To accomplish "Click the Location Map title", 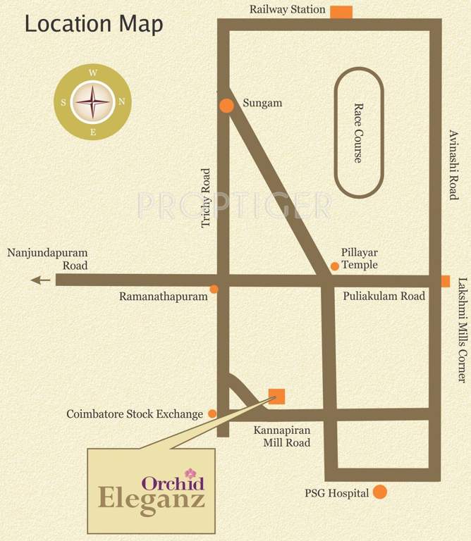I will tap(94, 24).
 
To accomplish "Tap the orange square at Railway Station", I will tap(341, 12).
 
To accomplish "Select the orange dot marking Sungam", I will tap(226, 106).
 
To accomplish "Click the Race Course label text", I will tap(357, 133).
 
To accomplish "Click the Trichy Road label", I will tap(206, 197).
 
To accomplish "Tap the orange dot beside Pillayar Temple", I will tap(335, 266).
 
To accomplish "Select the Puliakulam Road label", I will tap(384, 296).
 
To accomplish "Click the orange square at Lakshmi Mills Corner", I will tap(445, 281).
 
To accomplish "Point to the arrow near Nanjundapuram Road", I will tap(41, 280).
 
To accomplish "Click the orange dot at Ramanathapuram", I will tap(214, 289).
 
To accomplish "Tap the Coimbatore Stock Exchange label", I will tap(135, 414).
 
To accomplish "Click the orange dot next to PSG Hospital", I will tap(380, 492).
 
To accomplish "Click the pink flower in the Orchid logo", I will tap(189, 473).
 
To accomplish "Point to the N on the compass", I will tap(121, 101).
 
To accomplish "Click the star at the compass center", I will tap(93, 101).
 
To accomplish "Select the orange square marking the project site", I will tap(277, 397).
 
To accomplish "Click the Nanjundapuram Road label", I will tap(47, 259).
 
